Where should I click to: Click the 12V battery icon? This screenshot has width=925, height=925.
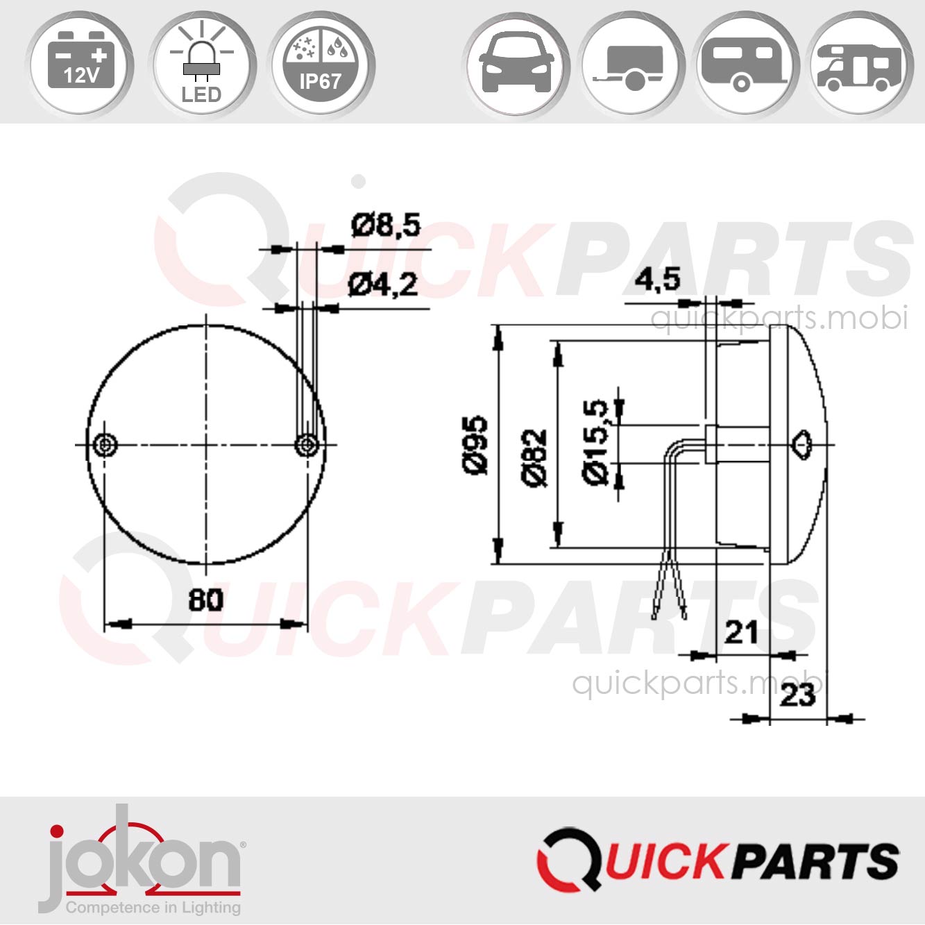[80, 64]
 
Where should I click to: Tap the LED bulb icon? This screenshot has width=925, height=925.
[201, 64]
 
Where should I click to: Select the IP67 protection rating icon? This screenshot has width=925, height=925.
[321, 64]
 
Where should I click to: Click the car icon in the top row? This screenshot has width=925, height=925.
[517, 64]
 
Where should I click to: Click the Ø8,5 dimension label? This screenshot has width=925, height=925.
[386, 225]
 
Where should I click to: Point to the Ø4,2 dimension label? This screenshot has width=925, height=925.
[382, 285]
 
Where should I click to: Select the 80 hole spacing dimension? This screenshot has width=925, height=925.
[205, 600]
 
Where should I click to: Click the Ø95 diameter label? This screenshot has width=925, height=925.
[476, 445]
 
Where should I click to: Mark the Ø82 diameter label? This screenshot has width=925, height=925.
[534, 458]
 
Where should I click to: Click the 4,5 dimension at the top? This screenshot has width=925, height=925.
[657, 280]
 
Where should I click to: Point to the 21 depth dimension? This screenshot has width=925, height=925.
[741, 632]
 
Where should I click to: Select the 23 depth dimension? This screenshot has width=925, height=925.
[797, 695]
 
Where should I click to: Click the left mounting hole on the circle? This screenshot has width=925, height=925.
[105, 444]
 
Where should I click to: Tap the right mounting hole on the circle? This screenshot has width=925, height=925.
[307, 444]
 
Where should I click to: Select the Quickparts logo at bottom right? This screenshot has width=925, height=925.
[718, 860]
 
